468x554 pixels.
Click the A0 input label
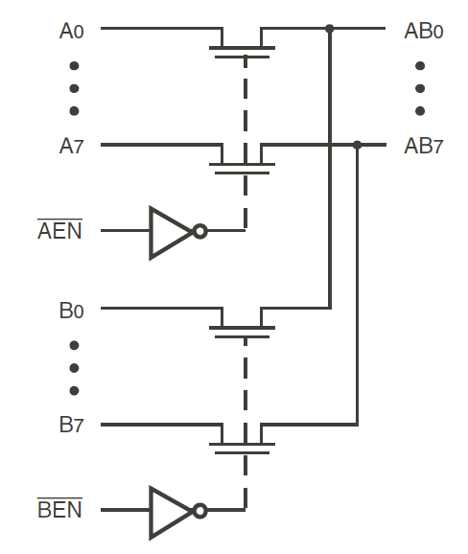click(x=72, y=31)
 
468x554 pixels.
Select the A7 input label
click(x=72, y=147)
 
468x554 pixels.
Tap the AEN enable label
click(x=59, y=231)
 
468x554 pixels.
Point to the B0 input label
click(x=72, y=311)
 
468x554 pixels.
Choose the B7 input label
click(x=72, y=426)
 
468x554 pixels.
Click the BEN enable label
click(x=59, y=511)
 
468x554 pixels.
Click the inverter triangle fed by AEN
click(x=169, y=231)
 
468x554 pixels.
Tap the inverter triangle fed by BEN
click(x=169, y=511)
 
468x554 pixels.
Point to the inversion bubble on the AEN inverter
click(x=199, y=231)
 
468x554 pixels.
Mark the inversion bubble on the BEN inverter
click(x=199, y=511)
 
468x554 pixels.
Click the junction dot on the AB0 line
click(x=330, y=29)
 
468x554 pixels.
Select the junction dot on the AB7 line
click(x=358, y=145)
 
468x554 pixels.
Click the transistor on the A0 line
click(x=244, y=43)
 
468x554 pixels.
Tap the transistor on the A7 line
click(x=244, y=158)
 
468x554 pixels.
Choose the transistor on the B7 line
click(x=244, y=438)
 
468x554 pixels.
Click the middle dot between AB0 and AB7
click(x=420, y=88)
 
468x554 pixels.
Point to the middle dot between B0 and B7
click(x=74, y=368)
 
